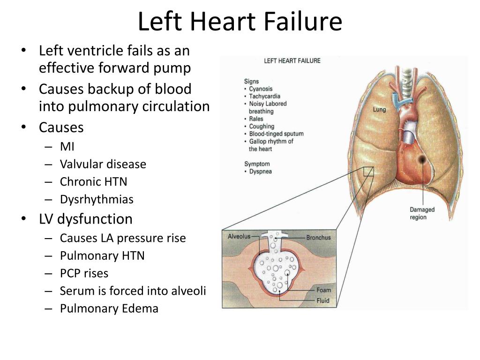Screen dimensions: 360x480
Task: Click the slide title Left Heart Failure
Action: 240,22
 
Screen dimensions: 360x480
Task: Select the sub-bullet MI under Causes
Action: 67,147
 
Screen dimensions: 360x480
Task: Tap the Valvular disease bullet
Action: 103,165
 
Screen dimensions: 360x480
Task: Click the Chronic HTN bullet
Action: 93,182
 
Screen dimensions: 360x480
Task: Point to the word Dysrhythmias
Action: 97,200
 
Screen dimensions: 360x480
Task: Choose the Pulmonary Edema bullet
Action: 109,308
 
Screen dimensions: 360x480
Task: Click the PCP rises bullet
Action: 84,273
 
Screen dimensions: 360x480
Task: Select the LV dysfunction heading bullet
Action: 85,219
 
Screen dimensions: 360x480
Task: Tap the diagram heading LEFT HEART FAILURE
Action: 292,60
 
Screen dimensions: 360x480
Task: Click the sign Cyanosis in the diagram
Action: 261,89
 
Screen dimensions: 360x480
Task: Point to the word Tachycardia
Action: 264,96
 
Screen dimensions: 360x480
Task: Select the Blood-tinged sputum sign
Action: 276,134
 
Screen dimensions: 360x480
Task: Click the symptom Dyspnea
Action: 260,172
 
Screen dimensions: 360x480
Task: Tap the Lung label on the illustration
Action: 379,110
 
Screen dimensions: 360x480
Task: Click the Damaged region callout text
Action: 422,213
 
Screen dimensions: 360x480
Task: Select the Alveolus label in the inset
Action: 239,236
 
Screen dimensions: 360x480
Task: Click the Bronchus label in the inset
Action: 318,238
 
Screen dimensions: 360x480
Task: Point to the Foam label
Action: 323,290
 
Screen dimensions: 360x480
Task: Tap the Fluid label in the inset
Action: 323,300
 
